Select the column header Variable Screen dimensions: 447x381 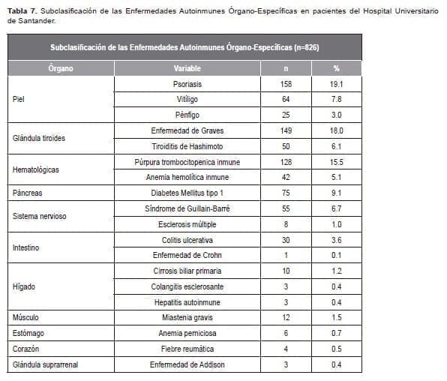pyautogui.click(x=186, y=68)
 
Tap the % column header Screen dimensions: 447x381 pyautogui.click(x=336, y=68)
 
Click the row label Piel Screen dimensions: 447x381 pyautogui.click(x=19, y=99)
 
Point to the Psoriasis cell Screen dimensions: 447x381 pyautogui.click(x=187, y=84)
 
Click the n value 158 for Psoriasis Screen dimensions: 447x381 pyautogui.click(x=286, y=84)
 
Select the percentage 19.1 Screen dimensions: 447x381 pyautogui.click(x=337, y=84)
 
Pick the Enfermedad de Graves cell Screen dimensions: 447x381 pyautogui.click(x=187, y=130)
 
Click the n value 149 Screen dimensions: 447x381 pyautogui.click(x=286, y=130)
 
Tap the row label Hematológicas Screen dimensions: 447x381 pyautogui.click(x=38, y=169)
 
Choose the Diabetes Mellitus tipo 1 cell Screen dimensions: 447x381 pyautogui.click(x=187, y=193)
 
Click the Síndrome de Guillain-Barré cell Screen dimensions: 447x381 pyautogui.click(x=187, y=208)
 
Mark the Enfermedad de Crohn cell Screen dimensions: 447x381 pyautogui.click(x=187, y=256)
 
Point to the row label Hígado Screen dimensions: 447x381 pyautogui.click(x=24, y=286)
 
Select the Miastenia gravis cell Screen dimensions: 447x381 pyautogui.click(x=187, y=317)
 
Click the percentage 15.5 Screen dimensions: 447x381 pyautogui.click(x=337, y=162)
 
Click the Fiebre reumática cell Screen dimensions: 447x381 pyautogui.click(x=187, y=349)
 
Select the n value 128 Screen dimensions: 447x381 pyautogui.click(x=286, y=162)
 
